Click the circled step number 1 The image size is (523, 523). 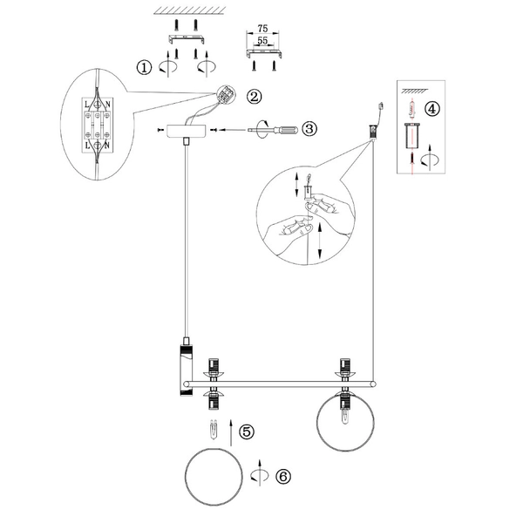(144, 65)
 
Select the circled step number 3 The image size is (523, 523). (309, 129)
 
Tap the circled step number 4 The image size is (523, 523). (431, 109)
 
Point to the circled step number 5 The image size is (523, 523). (247, 431)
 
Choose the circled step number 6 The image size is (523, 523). (283, 476)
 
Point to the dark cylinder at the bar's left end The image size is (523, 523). (186, 370)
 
